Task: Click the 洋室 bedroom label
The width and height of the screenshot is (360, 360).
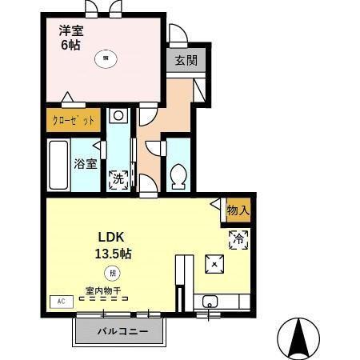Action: coord(71,30)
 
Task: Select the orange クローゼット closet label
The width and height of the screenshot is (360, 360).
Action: coord(74,121)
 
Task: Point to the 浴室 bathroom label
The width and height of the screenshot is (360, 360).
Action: coord(86,165)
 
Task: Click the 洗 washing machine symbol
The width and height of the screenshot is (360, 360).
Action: coord(118,179)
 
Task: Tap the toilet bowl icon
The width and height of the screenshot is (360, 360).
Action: coord(179,175)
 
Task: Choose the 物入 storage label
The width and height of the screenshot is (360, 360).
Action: coord(238,210)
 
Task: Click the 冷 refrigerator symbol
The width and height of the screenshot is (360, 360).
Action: coord(238,238)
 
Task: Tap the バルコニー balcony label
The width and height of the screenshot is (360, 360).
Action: coord(120,330)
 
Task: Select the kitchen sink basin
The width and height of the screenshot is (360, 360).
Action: coord(210,302)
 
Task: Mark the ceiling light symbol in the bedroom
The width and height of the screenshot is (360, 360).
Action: coord(105,57)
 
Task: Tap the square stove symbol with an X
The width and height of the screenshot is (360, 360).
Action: coord(214,263)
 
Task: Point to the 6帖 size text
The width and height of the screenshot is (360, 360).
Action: coord(70,46)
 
